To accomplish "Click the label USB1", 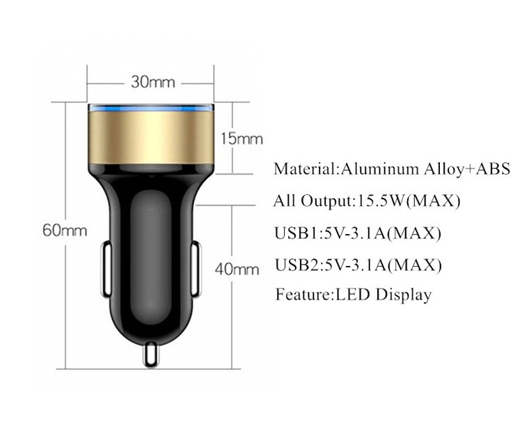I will tap(296, 233).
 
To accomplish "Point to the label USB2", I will tap(296, 265).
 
